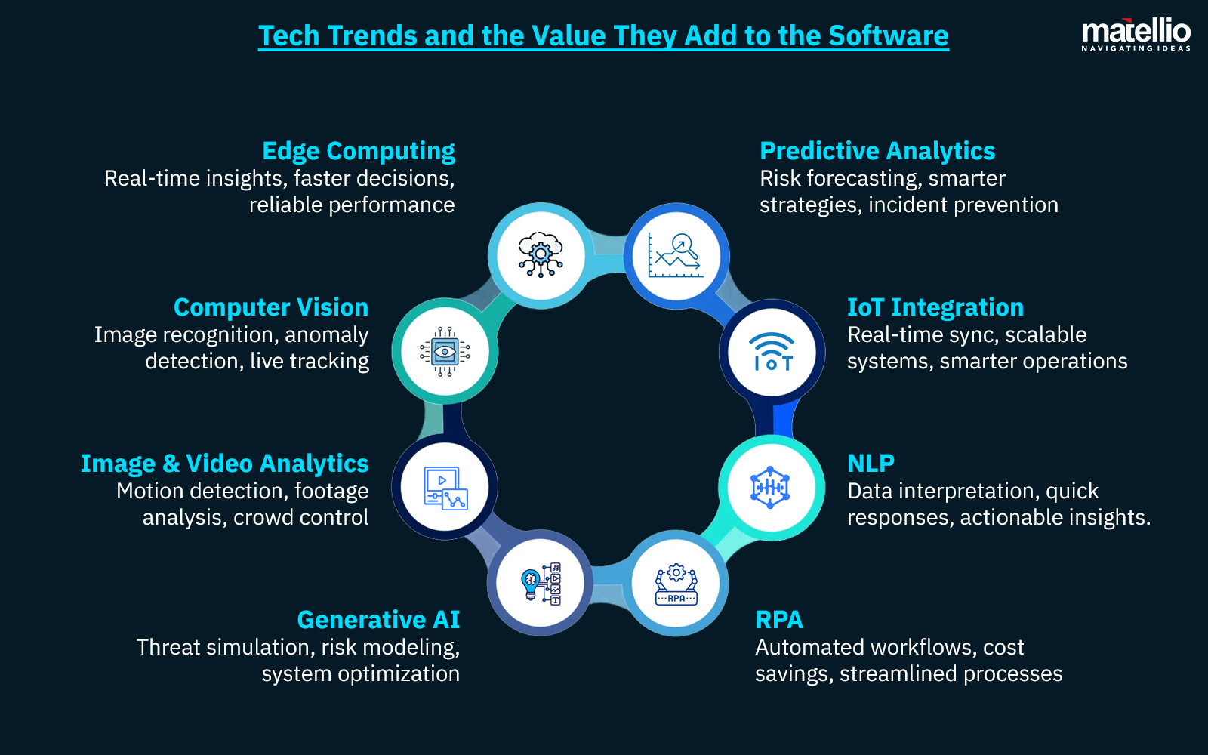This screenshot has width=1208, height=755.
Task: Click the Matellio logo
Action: click(1136, 34)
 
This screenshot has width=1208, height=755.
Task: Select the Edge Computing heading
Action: click(359, 151)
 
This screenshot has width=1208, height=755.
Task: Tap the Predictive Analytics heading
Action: click(877, 151)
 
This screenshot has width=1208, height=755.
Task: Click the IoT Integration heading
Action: click(935, 307)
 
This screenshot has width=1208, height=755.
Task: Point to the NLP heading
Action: click(871, 464)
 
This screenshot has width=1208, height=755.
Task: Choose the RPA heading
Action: click(779, 620)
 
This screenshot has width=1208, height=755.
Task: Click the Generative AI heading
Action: click(378, 620)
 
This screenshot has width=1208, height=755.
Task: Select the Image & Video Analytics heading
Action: click(224, 464)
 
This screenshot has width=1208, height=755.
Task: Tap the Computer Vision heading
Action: click(271, 307)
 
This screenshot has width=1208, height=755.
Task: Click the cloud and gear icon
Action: click(541, 254)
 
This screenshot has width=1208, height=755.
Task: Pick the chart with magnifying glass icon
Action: click(676, 255)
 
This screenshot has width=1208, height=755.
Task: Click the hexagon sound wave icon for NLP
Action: click(770, 488)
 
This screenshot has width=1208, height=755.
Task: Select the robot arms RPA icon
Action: click(676, 584)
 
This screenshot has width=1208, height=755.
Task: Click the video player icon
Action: click(445, 488)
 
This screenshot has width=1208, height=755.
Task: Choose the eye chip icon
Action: click(445, 352)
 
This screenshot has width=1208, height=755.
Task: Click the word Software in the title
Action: click(888, 36)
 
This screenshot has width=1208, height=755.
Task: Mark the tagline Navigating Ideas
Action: click(1136, 48)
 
